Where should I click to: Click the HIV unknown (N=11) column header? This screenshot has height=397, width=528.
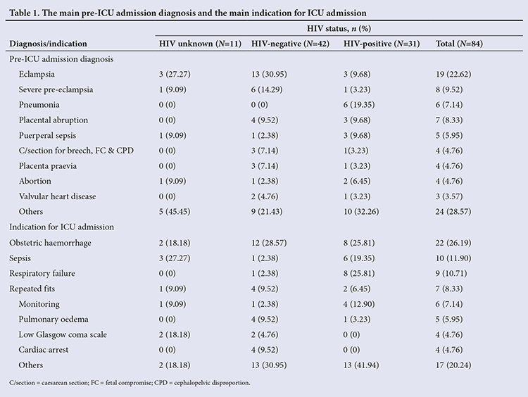coord(201,44)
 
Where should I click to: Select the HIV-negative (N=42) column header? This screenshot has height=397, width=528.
coord(290,44)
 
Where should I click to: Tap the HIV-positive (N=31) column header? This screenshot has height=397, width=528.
coord(382,44)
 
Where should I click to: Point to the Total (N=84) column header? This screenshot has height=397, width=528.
coord(459,44)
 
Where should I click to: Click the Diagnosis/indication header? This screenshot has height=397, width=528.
coord(48,44)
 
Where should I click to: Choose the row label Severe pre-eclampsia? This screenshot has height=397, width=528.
coord(56,89)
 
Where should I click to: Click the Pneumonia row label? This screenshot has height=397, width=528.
coord(39,105)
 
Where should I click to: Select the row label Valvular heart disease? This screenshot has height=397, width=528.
coord(57,196)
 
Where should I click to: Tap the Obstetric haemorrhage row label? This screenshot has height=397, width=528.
coord(50,243)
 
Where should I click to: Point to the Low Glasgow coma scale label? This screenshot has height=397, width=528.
coord(63,335)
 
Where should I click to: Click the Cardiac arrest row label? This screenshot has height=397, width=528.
coord(44,350)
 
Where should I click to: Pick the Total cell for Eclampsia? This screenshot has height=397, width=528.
coord(453,75)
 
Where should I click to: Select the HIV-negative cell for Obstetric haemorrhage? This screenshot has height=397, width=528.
coord(269,243)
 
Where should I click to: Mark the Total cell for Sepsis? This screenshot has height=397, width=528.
coord(453,258)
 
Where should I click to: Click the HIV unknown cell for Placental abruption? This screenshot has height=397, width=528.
coord(168,120)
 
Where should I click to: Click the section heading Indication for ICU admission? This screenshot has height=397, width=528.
coord(62,227)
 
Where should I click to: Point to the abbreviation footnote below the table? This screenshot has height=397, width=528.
coord(130,383)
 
